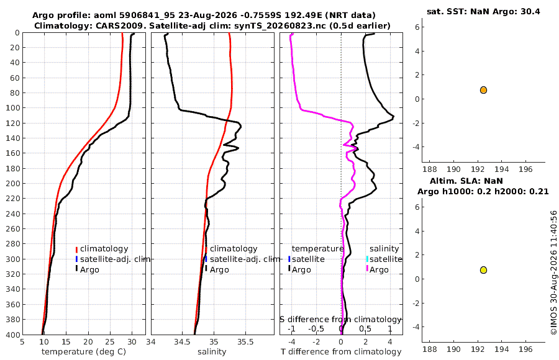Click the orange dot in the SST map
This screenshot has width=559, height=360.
tap(483, 90)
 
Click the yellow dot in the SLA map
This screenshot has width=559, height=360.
tap(483, 270)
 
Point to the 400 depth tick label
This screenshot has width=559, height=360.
tap(12, 335)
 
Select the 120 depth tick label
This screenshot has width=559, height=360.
tap(12, 124)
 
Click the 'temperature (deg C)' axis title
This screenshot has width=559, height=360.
tap(84, 352)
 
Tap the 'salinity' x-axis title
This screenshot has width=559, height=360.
tap(212, 352)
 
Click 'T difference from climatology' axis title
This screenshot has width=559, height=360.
tap(341, 352)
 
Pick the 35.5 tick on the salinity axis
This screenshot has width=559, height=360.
tap(245, 342)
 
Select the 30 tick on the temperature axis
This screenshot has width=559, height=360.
tap(132, 342)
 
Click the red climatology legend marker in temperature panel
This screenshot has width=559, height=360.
tap(76, 250)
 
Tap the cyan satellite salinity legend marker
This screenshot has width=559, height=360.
tap(367, 259)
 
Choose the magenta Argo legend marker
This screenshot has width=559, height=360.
tap(367, 269)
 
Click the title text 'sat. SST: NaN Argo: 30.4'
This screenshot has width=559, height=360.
tap(483, 12)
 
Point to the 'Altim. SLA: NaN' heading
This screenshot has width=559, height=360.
tap(466, 181)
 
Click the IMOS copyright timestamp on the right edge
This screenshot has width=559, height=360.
tap(553, 272)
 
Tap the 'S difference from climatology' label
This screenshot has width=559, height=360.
tap(340, 320)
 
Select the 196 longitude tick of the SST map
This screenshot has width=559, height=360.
tap(526, 169)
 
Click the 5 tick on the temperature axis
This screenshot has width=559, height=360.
tap(22, 342)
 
